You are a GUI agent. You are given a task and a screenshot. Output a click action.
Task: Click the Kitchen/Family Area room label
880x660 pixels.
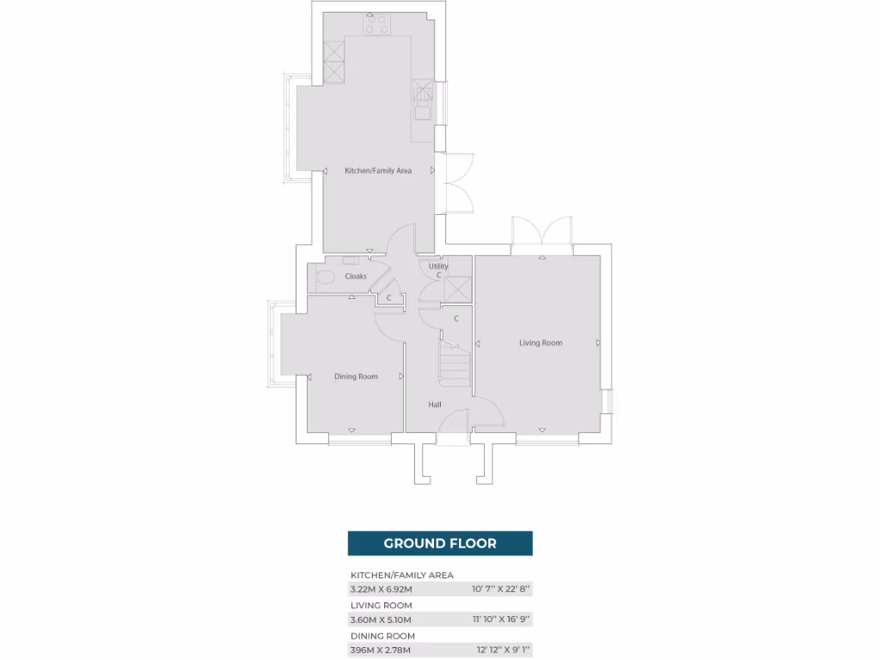pos(378,171)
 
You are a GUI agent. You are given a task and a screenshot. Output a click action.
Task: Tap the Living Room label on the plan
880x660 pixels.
pos(541,343)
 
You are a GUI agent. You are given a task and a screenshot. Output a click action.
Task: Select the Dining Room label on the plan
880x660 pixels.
pos(356,376)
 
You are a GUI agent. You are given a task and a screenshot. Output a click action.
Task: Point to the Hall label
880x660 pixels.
pos(435,404)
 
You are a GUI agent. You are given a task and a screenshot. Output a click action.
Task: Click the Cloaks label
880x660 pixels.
pos(356,277)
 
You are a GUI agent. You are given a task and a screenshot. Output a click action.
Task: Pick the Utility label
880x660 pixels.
pos(438,266)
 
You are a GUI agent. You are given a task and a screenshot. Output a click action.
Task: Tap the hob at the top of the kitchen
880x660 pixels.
pos(376,24)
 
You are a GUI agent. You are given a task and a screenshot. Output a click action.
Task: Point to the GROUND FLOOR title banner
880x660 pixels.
pos(440,543)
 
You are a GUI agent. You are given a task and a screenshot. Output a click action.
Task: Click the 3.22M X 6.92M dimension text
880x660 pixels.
pos(382,590)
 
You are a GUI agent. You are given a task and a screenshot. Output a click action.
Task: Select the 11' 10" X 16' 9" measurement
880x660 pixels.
pos(502,620)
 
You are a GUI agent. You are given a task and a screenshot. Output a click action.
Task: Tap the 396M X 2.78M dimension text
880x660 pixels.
pos(381,650)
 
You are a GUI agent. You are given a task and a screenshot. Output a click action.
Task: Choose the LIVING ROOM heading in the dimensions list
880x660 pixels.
pos(381,605)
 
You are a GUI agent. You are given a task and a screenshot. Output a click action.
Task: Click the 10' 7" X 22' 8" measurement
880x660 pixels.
pos(502,590)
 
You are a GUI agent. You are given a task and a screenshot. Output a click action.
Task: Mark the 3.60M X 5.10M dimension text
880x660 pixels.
pos(381,620)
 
